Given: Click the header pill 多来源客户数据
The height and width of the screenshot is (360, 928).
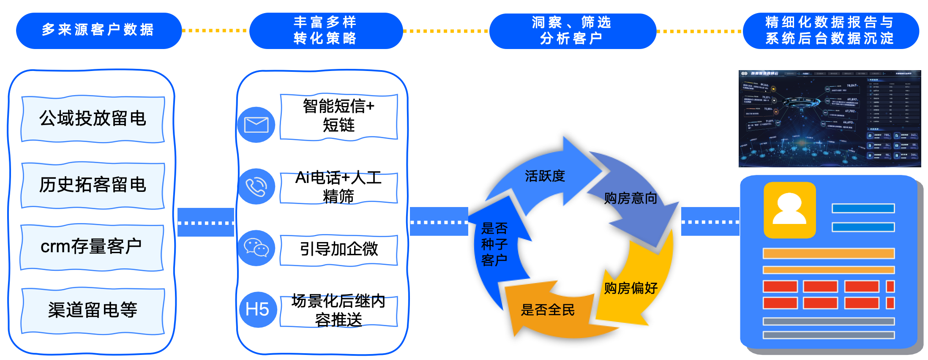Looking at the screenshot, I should (x=98, y=30).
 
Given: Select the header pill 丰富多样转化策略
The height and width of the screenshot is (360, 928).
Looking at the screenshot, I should (x=325, y=30).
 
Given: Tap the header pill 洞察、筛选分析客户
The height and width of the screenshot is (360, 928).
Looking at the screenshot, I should (x=572, y=30).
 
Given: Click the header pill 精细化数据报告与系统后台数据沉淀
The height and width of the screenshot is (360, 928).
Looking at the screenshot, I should (x=830, y=30).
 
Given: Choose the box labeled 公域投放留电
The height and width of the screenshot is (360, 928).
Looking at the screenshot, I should (x=93, y=119).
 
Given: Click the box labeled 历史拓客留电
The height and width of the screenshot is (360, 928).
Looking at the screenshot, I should (x=93, y=185).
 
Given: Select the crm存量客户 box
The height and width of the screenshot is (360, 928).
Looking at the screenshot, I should (x=92, y=247).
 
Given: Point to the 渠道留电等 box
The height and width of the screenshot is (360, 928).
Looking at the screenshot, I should (x=93, y=311).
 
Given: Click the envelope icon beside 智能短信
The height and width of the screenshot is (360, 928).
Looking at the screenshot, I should (x=256, y=125).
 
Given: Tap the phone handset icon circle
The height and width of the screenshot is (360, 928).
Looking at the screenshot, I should (x=256, y=186).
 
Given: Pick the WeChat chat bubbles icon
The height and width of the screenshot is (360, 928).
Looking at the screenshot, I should (x=256, y=248).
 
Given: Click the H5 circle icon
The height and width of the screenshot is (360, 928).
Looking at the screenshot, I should (x=257, y=309).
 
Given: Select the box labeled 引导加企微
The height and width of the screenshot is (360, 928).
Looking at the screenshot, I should (x=338, y=249).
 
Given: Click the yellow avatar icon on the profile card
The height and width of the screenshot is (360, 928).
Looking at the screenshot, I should (x=789, y=210).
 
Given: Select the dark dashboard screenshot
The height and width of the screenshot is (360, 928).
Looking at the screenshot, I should (x=829, y=119).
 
